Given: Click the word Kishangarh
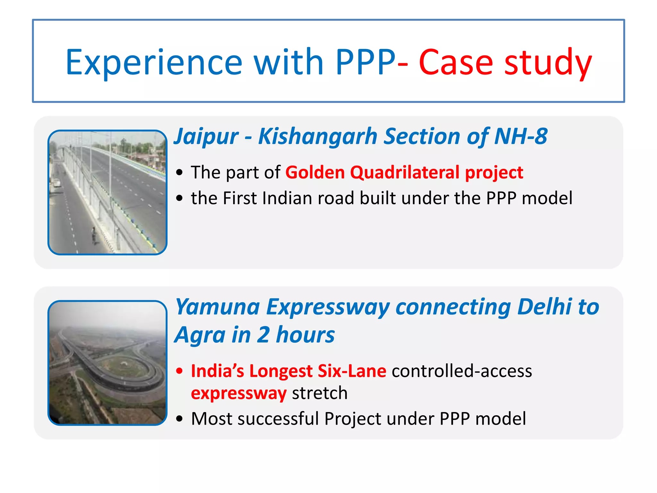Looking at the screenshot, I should pos(318,136).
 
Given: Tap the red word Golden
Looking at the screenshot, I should pos(315,172).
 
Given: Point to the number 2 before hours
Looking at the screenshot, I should pos(263,335).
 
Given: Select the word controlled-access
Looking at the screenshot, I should pos(462,371).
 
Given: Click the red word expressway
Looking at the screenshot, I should pos(239,393).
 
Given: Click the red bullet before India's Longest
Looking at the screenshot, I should pos(180,371).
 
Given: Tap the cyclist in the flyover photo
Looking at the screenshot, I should pos(94,235).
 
